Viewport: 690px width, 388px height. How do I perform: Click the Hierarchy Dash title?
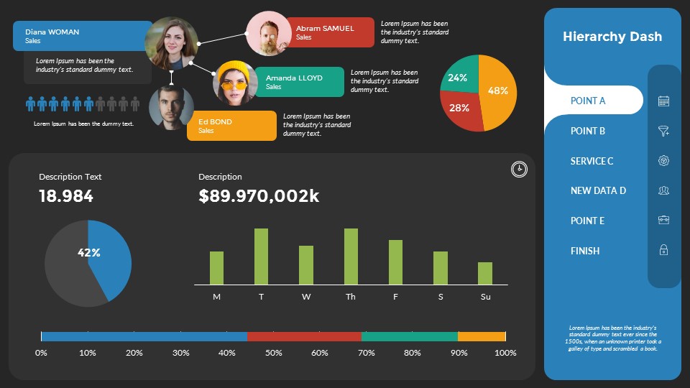[612, 37]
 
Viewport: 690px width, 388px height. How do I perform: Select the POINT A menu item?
[588, 101]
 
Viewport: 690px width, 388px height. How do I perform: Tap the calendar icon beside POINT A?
[663, 101]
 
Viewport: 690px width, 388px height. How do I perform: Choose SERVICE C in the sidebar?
[592, 161]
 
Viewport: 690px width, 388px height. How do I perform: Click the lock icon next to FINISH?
[663, 250]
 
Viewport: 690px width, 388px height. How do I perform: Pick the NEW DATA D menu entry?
[598, 190]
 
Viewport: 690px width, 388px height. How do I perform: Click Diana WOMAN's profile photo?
[172, 43]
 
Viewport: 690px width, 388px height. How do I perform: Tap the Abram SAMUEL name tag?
[329, 32]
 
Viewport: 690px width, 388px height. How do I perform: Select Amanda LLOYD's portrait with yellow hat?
[235, 83]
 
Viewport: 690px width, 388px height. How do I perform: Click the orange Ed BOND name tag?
[231, 126]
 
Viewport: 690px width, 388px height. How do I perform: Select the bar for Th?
[351, 257]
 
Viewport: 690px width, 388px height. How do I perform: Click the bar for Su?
[485, 273]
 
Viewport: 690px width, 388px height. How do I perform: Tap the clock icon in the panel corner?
[519, 169]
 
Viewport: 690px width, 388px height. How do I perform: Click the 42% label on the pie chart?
[89, 253]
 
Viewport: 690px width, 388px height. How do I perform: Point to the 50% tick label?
[273, 353]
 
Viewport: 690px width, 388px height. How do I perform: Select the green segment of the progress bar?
[410, 336]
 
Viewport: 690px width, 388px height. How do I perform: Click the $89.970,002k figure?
[259, 196]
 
